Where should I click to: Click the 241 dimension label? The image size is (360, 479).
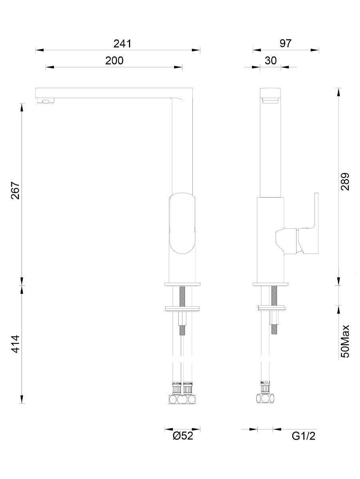[x=122, y=44]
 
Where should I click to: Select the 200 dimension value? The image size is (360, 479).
[x=114, y=60]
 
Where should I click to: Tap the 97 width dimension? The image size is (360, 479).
[x=285, y=44]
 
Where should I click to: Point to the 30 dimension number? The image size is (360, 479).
[x=271, y=60]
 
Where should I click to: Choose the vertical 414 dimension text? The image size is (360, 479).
[x=16, y=344]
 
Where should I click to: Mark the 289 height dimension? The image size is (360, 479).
[x=345, y=182]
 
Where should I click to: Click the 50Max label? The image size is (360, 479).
[x=345, y=344]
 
